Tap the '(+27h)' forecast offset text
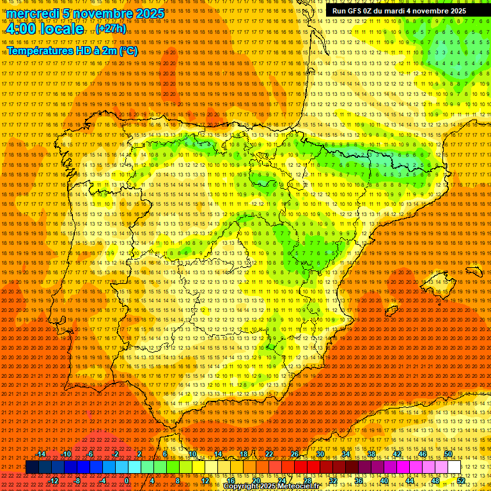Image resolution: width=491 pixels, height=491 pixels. coord(111,29)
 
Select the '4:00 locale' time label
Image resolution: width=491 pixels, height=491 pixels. coord(45,29)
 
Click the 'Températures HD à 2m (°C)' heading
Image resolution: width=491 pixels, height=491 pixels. coord(72,51)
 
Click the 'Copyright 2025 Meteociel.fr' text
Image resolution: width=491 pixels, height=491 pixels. coord(271,487)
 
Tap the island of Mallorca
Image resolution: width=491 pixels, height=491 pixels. coord(438,285)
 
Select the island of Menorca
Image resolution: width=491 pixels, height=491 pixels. coord(474,272)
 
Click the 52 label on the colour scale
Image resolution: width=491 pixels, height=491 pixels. coord(461,481)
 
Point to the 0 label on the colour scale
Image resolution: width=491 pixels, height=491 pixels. coord(127,481)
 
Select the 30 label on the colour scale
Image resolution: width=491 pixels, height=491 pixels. coord(320,454)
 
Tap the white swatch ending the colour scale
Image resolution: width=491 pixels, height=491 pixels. coord(455,467)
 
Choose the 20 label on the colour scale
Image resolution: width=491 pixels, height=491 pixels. coord(256,481)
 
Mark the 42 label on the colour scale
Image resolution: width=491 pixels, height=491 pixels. coord(396,454)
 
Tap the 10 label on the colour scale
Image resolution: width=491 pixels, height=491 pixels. coord(192,454)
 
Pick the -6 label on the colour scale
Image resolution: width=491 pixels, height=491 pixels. coord(90,454)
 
